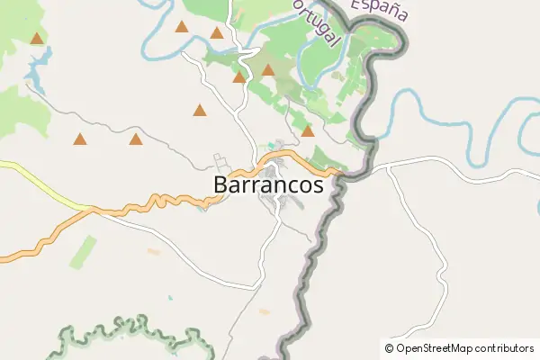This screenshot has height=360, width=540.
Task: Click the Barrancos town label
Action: pyautogui.click(x=269, y=184)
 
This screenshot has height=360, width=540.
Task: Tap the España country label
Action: pyautogui.click(x=379, y=10)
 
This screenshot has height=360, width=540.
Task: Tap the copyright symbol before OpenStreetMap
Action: pyautogui.click(x=389, y=347)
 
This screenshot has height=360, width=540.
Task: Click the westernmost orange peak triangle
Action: pyautogui.click(x=37, y=39)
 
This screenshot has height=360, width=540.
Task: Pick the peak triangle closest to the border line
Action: pyautogui.click(x=308, y=131)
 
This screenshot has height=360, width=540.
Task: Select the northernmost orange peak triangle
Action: pyautogui.click(x=182, y=27)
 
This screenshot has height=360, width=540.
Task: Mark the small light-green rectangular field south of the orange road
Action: pyautogui.click(x=83, y=251)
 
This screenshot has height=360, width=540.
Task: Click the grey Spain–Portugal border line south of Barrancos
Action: pyautogui.click(x=310, y=270)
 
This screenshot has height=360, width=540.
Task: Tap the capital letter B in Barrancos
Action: pyautogui.click(x=222, y=184)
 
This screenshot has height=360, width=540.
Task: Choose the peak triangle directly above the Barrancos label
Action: pyautogui.click(x=238, y=77)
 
